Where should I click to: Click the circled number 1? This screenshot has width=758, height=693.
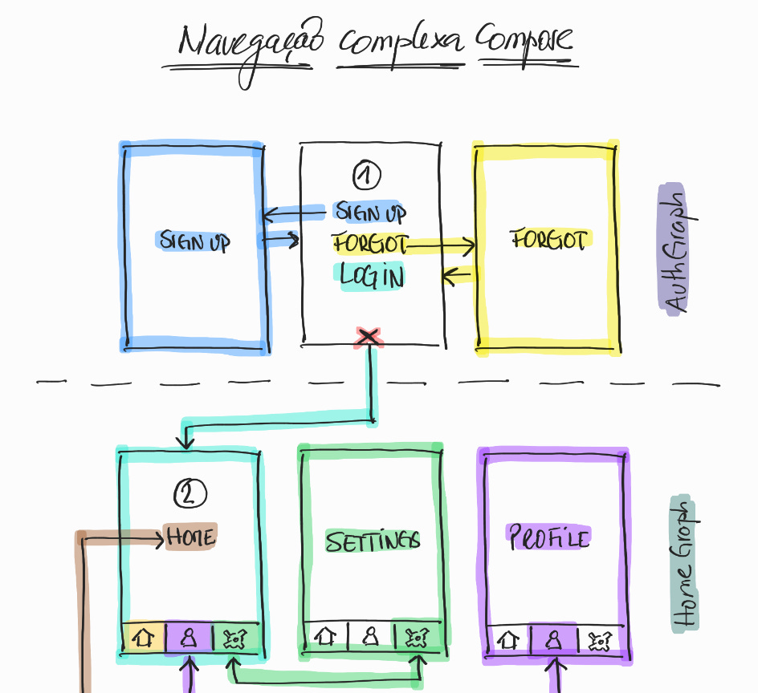coord(367,175)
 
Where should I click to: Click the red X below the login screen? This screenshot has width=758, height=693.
coord(368,338)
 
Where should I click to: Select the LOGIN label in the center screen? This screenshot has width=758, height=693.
coord(371,276)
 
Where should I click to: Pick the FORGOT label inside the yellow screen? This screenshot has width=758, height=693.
coord(550,239)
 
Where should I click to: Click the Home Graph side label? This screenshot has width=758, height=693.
coord(683,565)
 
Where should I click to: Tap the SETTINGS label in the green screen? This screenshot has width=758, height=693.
coord(372,541)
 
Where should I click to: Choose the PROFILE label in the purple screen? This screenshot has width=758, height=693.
coord(549,537)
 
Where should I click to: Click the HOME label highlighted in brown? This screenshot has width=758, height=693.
coord(190,536)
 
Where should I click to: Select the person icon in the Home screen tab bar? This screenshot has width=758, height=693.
coord(189,638)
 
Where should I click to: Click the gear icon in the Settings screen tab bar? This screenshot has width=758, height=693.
coord(416,638)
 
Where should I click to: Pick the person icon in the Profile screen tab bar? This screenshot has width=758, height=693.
coord(553,639)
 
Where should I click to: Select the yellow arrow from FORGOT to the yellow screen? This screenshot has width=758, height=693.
coord(442,245)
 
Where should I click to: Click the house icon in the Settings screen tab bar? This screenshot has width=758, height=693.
coord(325,637)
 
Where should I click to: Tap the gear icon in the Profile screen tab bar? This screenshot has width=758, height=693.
coord(600,640)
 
